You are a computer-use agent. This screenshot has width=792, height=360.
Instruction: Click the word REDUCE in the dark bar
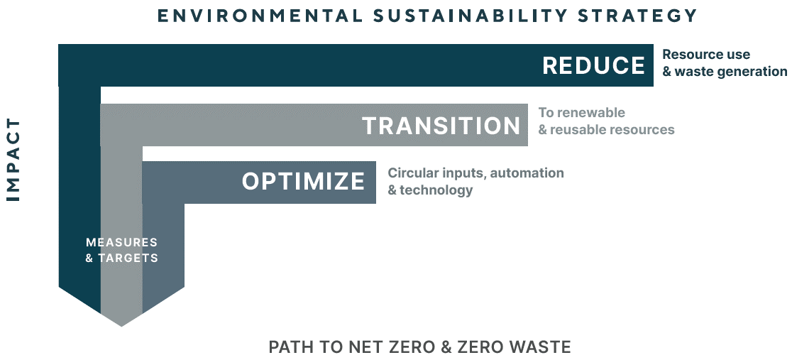click(593, 66)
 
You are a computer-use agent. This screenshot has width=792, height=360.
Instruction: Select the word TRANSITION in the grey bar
click(441, 126)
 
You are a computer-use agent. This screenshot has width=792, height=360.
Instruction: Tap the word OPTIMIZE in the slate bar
click(303, 181)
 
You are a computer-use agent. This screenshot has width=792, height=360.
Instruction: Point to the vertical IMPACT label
click(13, 160)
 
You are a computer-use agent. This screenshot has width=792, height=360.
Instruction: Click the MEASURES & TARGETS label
click(122, 250)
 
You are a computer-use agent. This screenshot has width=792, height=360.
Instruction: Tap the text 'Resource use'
click(706, 55)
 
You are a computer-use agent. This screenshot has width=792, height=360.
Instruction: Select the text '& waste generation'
click(725, 72)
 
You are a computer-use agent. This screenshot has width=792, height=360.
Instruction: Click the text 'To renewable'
click(581, 112)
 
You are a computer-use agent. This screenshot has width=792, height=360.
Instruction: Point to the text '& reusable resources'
click(606, 129)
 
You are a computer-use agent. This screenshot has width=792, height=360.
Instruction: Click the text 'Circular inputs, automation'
click(475, 173)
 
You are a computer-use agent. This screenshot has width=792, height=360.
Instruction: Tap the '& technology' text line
click(430, 190)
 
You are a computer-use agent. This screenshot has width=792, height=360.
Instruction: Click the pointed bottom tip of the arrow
click(121, 326)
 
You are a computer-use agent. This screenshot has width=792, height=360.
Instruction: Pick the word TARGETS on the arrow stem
click(128, 258)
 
